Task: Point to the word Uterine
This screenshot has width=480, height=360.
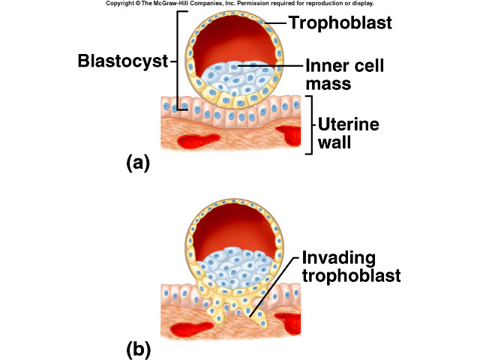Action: pyautogui.click(x=346, y=124)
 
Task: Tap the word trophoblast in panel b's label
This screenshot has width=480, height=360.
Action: pyautogui.click(x=352, y=275)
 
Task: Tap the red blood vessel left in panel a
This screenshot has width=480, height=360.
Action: pyautogui.click(x=190, y=141)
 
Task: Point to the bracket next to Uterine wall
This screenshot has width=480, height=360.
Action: pyautogui.click(x=310, y=124)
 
